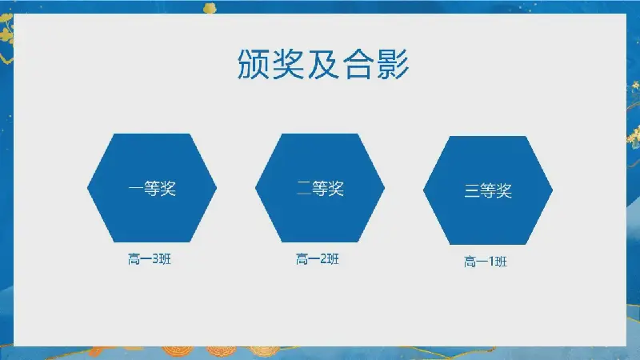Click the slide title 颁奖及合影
click(x=323, y=64)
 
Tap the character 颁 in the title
click(x=253, y=64)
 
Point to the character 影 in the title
click(x=393, y=64)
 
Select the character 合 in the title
click(x=358, y=64)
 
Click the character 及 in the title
click(x=323, y=64)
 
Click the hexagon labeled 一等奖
click(x=152, y=188)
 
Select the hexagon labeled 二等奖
click(x=320, y=188)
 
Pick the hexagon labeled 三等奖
click(x=488, y=190)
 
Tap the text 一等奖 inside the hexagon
click(x=152, y=189)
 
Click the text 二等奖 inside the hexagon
click(x=321, y=189)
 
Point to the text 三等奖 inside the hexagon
click(x=489, y=190)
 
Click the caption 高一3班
click(x=150, y=259)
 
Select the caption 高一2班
click(x=318, y=259)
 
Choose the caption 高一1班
click(x=486, y=262)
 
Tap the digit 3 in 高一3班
click(x=155, y=259)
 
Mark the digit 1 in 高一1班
click(x=491, y=262)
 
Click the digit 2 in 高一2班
click(x=323, y=259)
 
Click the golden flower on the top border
click(x=210, y=7)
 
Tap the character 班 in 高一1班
click(x=502, y=262)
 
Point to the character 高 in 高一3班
click(x=134, y=259)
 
